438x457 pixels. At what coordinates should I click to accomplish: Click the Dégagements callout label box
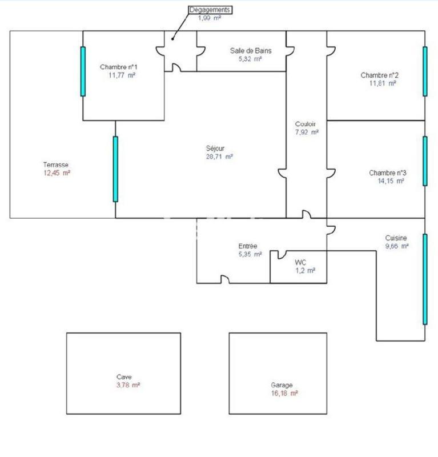tap(210, 10)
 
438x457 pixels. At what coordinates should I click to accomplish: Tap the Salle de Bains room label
tap(251, 50)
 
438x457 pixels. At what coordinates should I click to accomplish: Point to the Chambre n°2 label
tap(379, 75)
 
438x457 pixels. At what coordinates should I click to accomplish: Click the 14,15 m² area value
tap(387, 181)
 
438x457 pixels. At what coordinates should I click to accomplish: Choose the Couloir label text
tap(306, 124)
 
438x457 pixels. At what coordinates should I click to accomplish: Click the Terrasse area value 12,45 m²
tap(57, 173)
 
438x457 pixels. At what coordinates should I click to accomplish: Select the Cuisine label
tap(396, 238)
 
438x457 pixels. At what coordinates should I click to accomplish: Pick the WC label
tap(300, 262)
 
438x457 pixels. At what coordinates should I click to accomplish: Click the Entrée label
tap(248, 246)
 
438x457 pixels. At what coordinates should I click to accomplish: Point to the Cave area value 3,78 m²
tap(128, 385)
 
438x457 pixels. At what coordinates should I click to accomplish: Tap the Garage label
tap(282, 385)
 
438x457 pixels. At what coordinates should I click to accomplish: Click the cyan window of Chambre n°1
tap(83, 71)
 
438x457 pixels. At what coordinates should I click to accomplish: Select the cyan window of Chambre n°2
tap(424, 71)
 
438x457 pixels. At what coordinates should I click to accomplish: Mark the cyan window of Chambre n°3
tap(424, 161)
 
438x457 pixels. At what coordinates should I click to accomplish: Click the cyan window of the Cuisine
tap(424, 279)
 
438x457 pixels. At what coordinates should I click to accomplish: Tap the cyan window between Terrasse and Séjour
tap(115, 169)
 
